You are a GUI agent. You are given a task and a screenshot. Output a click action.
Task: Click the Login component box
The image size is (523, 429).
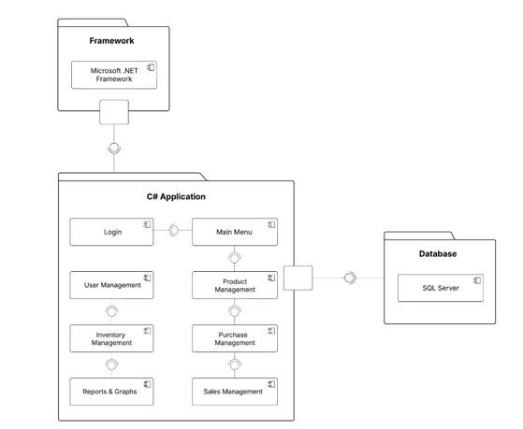[x=111, y=232]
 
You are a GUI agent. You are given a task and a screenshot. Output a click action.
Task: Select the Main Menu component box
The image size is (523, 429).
[x=235, y=232]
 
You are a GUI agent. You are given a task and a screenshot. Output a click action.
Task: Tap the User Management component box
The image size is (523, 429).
[x=111, y=285]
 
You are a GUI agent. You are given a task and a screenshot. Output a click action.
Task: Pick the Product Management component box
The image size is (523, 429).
[x=235, y=285]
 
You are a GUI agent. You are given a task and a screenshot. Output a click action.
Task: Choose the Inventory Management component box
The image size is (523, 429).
[x=111, y=338]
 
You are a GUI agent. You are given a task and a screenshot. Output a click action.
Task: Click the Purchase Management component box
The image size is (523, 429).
[x=235, y=338]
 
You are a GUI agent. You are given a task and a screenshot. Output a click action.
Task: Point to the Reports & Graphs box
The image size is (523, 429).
[x=111, y=392]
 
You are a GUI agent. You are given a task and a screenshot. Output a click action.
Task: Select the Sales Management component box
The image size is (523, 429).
[x=235, y=392]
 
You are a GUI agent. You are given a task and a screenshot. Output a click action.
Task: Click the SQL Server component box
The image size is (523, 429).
[x=441, y=288]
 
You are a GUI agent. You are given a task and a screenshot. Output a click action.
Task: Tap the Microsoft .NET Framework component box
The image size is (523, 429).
[x=114, y=75]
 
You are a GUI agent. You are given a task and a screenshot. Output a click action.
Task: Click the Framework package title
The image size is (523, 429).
[x=111, y=41]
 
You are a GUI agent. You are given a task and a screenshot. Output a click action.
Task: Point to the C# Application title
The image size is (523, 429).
[x=176, y=196]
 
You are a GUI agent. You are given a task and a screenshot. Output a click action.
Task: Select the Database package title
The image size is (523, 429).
[x=438, y=253]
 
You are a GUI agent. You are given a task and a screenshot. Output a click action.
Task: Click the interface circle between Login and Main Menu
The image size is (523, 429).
[x=174, y=230]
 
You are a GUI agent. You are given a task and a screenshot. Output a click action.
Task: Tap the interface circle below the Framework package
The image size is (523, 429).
[x=114, y=148]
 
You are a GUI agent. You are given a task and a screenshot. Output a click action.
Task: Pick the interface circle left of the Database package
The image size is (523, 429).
[x=350, y=278]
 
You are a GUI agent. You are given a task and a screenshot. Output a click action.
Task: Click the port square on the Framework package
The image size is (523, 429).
[x=114, y=112]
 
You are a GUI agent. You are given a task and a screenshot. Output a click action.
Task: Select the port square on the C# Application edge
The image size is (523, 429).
[x=298, y=278]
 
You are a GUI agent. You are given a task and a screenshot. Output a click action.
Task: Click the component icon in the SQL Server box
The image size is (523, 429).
[x=477, y=280]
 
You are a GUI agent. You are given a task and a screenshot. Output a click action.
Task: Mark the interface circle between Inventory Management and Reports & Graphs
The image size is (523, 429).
[x=111, y=365]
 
